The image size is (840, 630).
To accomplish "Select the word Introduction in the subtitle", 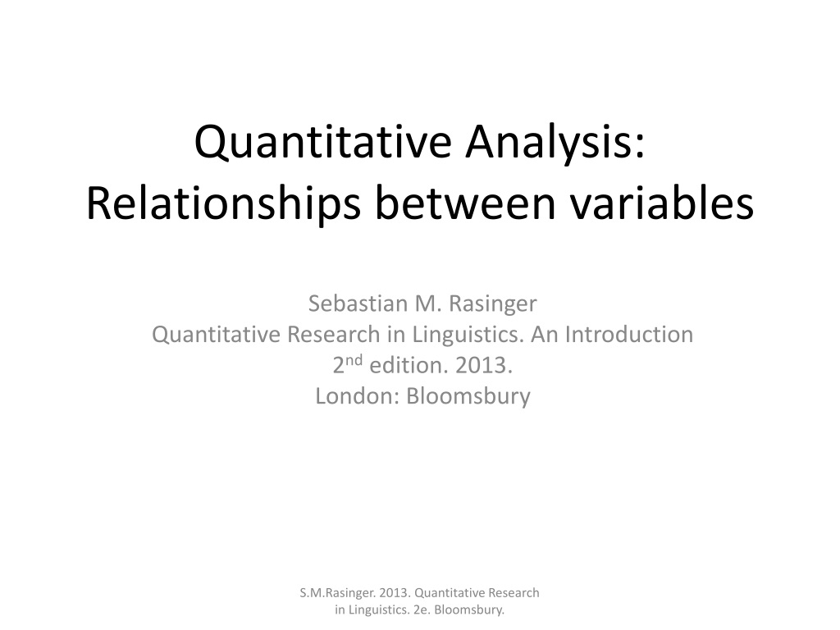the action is [x=629, y=335].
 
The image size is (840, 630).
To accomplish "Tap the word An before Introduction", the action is [x=545, y=335].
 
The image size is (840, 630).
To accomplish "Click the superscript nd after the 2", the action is [x=354, y=359].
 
